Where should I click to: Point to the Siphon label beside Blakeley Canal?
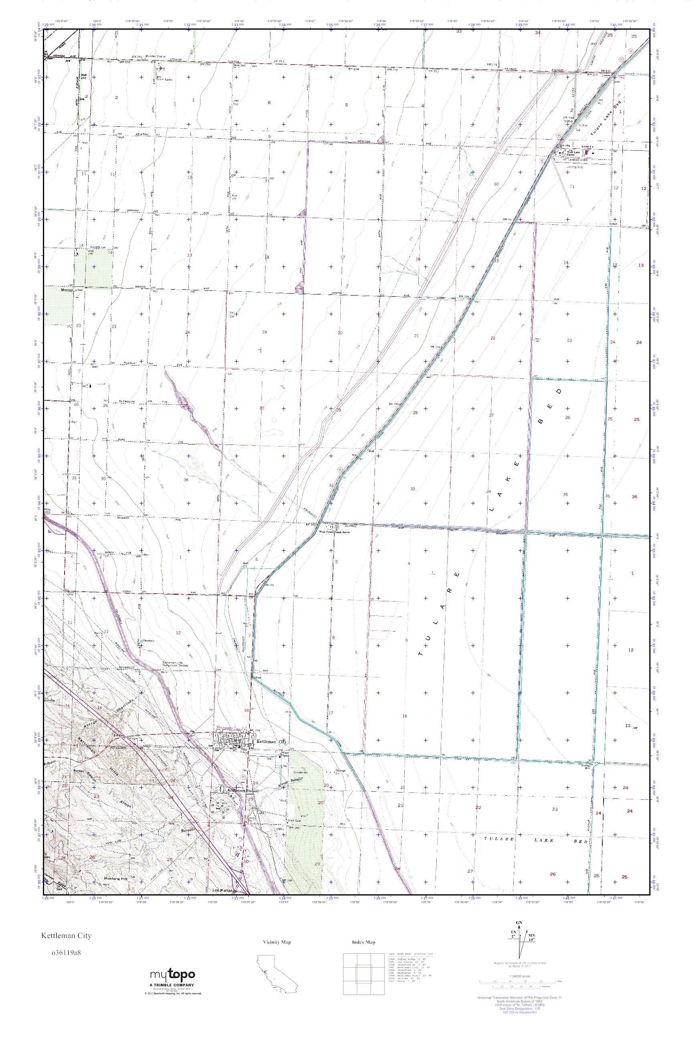point(257,677)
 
